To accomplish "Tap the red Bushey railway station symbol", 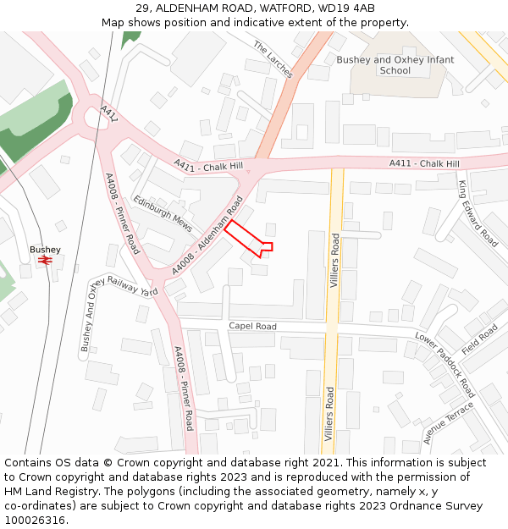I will [x=46, y=261].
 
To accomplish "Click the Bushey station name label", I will [x=45, y=250].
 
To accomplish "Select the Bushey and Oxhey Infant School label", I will [x=395, y=65].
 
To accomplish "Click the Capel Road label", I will [x=252, y=326].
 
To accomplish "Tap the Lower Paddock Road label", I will [x=444, y=365].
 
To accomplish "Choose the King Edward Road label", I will [x=478, y=213].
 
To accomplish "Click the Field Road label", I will [x=480, y=339].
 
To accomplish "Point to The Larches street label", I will [x=273, y=60].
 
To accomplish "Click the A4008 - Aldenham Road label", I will [x=207, y=234].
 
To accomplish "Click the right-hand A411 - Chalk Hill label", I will [x=424, y=163].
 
